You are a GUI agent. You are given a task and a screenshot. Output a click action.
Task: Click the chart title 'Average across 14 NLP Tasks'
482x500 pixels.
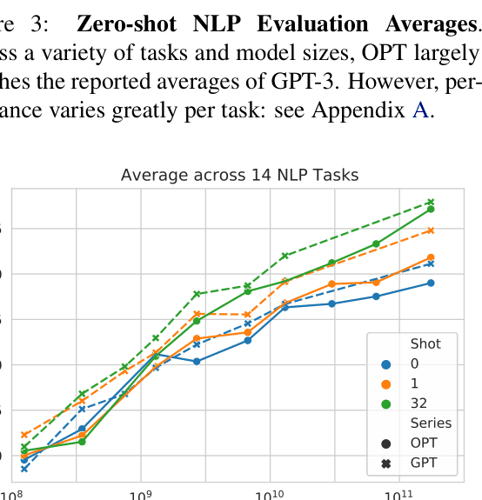coord(239,175)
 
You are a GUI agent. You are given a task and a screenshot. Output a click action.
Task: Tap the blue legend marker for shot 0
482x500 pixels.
coord(387,363)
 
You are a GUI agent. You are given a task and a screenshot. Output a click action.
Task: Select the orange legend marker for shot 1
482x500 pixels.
coord(387,383)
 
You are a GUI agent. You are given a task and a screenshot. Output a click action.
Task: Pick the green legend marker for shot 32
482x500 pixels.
coord(387,403)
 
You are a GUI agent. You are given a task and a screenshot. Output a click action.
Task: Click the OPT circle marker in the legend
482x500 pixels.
coord(387,443)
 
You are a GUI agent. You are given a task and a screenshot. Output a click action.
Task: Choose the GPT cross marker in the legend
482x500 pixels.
coord(387,463)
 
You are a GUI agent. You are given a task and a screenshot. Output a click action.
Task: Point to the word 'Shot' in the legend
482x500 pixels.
coord(425,343)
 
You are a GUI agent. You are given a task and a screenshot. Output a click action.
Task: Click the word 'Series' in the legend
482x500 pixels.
coord(431,423)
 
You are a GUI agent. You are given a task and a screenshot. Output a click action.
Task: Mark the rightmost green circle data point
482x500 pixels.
coord(431,210)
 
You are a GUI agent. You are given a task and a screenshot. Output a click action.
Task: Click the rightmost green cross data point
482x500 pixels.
coord(431,202)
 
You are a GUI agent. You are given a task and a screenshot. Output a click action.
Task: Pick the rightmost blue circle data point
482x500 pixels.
coord(431,283)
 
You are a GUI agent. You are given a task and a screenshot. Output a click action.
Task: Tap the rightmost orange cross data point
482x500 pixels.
coord(431,230)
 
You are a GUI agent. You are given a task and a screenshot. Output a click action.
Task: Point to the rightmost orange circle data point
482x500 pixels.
coord(431,257)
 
